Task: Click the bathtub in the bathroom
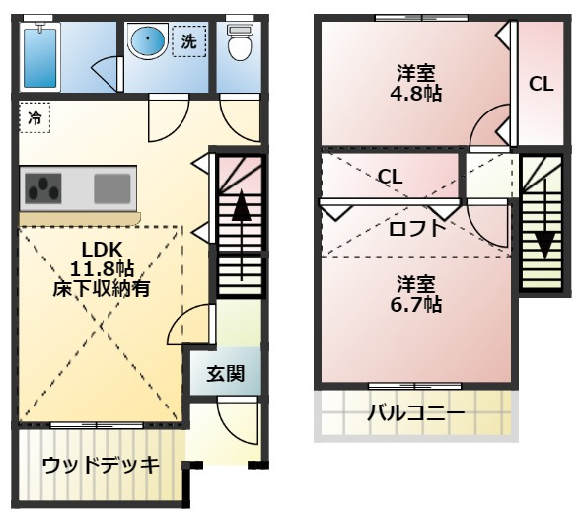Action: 42,55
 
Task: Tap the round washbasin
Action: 148,42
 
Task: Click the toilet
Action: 239,43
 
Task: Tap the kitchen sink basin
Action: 111,185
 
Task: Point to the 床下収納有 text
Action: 101,287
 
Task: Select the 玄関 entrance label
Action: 225,374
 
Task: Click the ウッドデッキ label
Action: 101,466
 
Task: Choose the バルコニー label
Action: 415,412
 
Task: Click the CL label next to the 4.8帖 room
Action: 541,84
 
